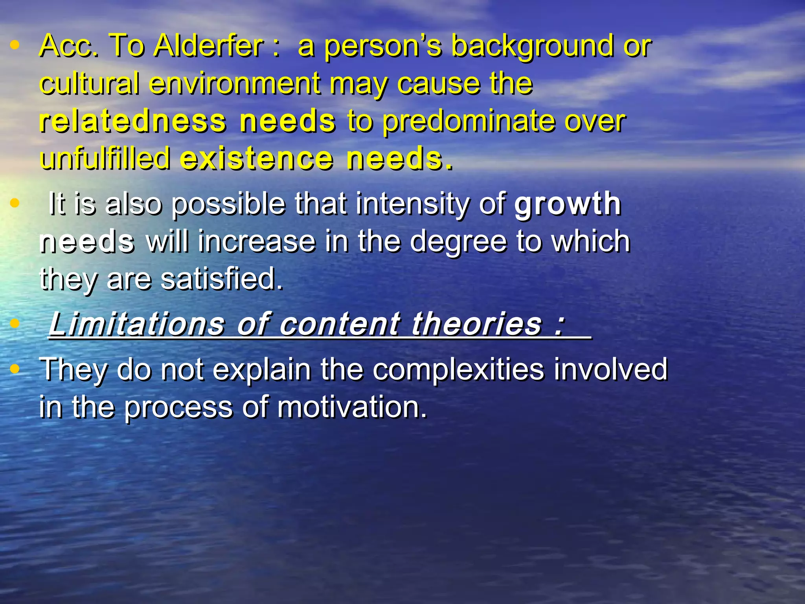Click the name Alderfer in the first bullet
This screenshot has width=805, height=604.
(x=208, y=46)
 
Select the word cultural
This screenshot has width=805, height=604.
(x=89, y=83)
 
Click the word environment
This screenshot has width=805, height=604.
(x=235, y=83)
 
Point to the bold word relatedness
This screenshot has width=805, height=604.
(x=132, y=121)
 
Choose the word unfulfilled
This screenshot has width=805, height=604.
(x=105, y=158)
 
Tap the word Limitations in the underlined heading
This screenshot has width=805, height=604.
(x=136, y=324)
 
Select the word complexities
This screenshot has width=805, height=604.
(x=459, y=370)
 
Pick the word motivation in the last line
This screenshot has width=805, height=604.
(x=352, y=407)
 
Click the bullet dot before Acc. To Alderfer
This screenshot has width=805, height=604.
(x=15, y=45)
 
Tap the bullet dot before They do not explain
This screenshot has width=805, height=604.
(x=15, y=369)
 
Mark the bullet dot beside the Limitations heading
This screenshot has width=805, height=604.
(x=15, y=323)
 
